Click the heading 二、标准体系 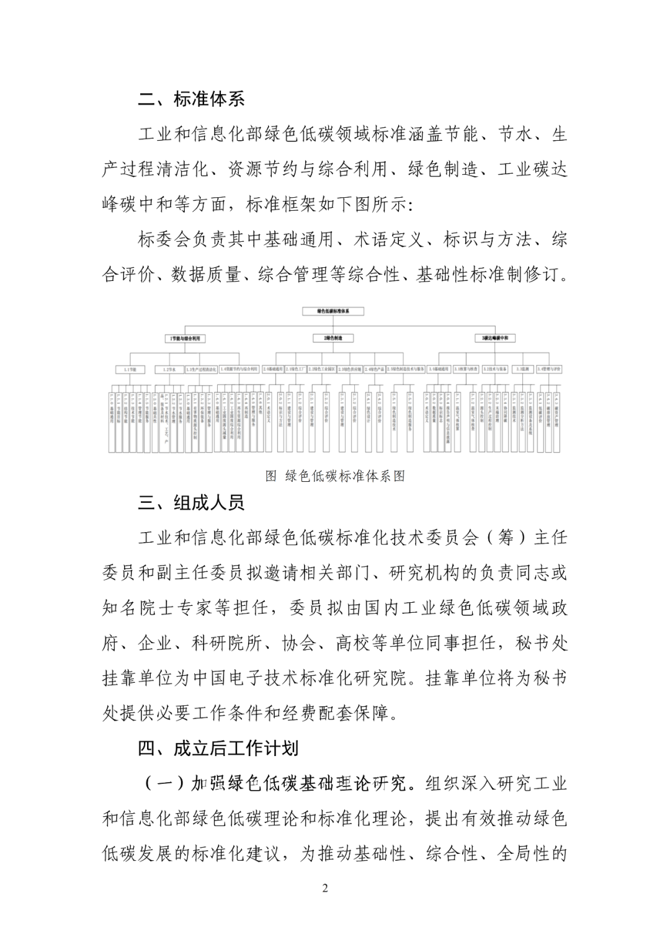click(191, 99)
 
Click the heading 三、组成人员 click(191, 502)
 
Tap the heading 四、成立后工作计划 click(218, 749)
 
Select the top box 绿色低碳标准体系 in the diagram click(333, 311)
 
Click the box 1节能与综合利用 click(185, 339)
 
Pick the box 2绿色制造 click(333, 339)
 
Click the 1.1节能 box click(130, 370)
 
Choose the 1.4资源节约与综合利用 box click(238, 370)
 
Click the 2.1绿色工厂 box click(295, 370)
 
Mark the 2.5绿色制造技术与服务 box click(406, 370)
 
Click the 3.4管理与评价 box click(549, 370)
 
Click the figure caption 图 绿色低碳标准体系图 click(335, 476)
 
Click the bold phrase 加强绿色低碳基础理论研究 click(301, 784)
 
